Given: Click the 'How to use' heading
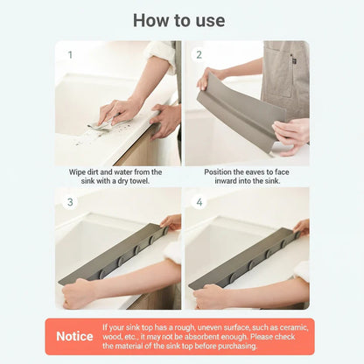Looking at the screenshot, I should (182, 20).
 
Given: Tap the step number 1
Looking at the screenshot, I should (70, 55).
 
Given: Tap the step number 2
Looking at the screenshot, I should (199, 55).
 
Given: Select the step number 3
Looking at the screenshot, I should (70, 201).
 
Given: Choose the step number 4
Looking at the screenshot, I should (199, 201).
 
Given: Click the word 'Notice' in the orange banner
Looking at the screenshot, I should (74, 336).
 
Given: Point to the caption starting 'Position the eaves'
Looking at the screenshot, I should (246, 171).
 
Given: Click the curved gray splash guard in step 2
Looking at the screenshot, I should (236, 109).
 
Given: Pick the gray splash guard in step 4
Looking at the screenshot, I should (245, 258).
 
